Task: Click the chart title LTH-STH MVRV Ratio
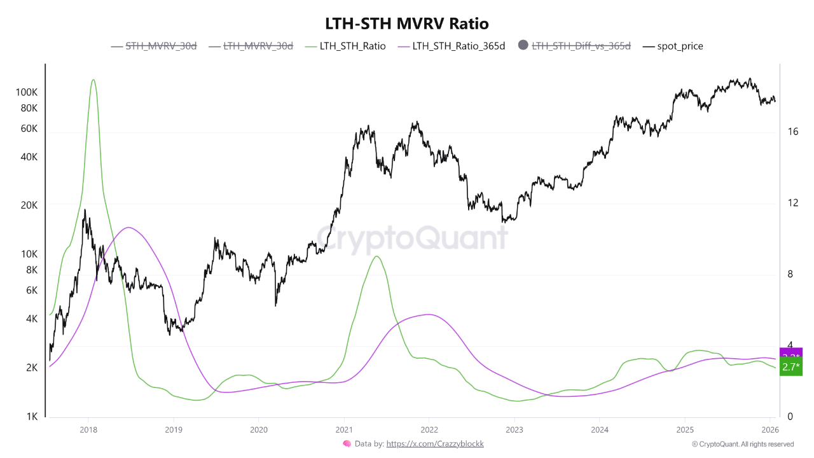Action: pos(406,24)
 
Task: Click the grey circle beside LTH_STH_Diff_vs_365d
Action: pos(523,45)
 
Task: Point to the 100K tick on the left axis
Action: pos(27,92)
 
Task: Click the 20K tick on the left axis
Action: pos(29,205)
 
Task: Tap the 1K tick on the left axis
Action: pos(32,417)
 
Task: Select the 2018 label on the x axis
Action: pos(88,429)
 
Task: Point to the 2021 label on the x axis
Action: pos(344,429)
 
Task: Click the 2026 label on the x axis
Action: pos(770,429)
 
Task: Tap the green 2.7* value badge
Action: pos(791,367)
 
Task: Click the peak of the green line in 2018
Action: pos(93,80)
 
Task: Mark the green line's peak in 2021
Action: pos(377,256)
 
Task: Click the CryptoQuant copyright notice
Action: pos(742,444)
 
